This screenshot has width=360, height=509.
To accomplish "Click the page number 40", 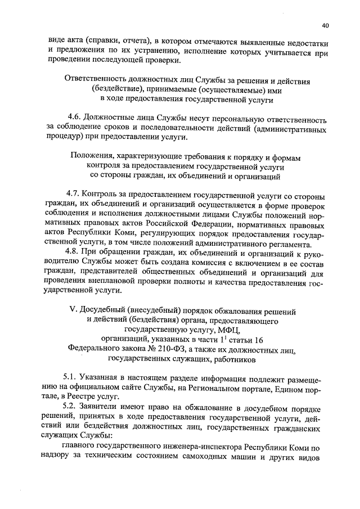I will point(326,25).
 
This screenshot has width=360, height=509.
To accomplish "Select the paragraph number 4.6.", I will point(73,119).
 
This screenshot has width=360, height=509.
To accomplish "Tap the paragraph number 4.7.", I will point(73,197).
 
